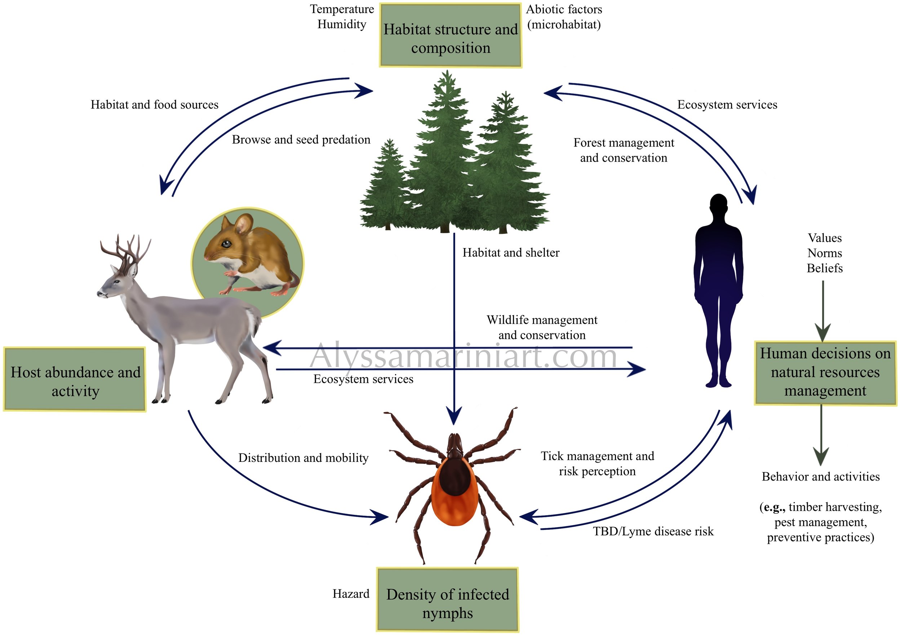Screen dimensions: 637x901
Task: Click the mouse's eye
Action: [x=226, y=244]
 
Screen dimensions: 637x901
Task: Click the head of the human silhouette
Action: [x=719, y=207]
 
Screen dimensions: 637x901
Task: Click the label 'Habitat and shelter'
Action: [x=511, y=252]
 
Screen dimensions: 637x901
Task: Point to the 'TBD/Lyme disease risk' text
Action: [x=653, y=531]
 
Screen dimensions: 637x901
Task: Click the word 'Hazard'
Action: [x=351, y=593]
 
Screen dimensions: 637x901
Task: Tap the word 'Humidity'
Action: [x=342, y=25]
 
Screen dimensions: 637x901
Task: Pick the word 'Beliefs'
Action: [x=825, y=268]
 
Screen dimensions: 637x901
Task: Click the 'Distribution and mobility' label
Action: [x=303, y=457]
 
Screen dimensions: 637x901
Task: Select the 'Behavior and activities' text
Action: [x=821, y=477]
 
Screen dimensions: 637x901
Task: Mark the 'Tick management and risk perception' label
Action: [x=597, y=464]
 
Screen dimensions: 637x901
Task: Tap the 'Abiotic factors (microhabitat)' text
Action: [x=564, y=17]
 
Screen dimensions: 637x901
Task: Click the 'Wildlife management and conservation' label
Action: [x=542, y=327]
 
